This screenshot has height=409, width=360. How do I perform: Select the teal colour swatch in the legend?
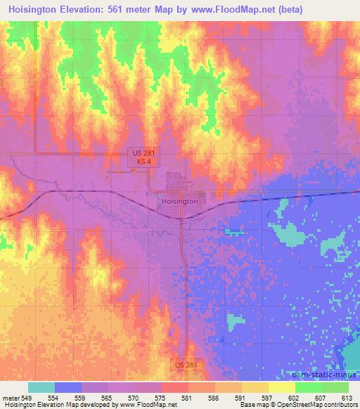(x=41, y=388)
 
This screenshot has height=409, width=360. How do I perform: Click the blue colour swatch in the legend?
(x=68, y=388)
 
